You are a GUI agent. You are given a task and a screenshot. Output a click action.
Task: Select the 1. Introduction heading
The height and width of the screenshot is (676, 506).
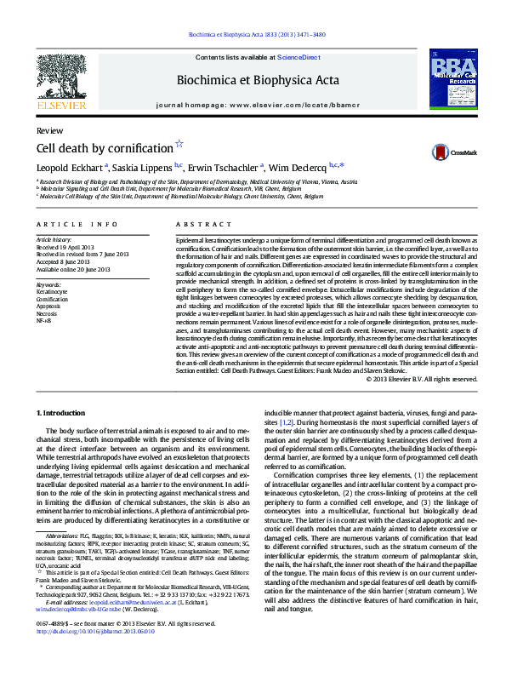tap(60, 412)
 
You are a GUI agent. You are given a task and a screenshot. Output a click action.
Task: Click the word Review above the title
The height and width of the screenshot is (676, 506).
tap(48, 130)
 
